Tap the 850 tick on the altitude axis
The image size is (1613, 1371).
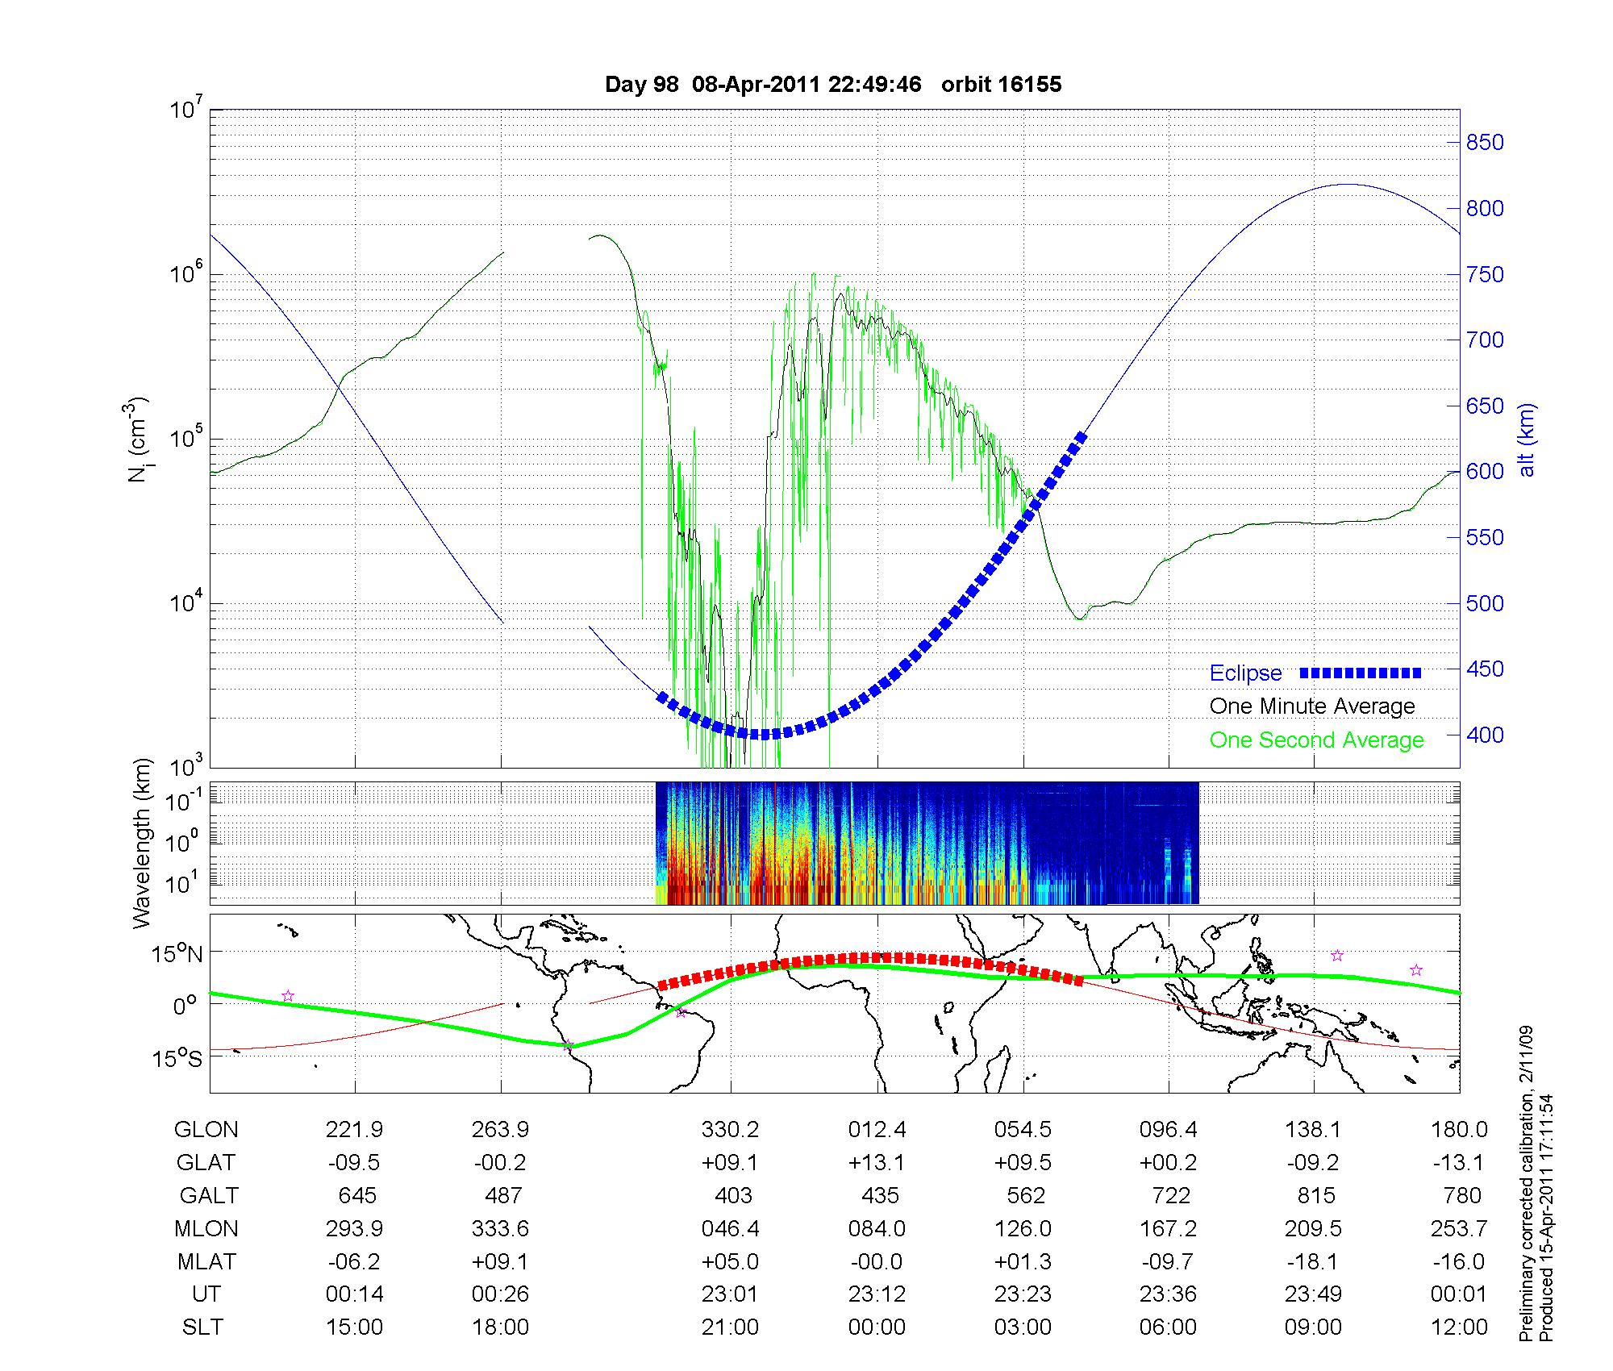[x=1484, y=143]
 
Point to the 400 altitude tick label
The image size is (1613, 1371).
[x=1484, y=735]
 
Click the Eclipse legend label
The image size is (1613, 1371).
[x=1245, y=673]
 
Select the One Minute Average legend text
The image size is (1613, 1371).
[x=1312, y=706]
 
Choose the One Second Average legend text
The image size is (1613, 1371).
[x=1316, y=740]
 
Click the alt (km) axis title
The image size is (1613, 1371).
[x=1528, y=440]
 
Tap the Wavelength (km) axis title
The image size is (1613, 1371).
[x=142, y=844]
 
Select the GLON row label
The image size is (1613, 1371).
[x=206, y=1130]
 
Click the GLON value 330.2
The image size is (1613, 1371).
[x=730, y=1130]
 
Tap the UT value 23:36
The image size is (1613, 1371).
[x=1169, y=1294]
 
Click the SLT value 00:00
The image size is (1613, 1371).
[x=877, y=1327]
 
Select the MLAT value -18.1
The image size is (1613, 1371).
[x=1314, y=1261]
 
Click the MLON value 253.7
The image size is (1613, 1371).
[x=1459, y=1228]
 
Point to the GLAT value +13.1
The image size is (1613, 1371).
[x=877, y=1163]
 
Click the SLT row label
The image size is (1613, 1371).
[x=202, y=1327]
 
